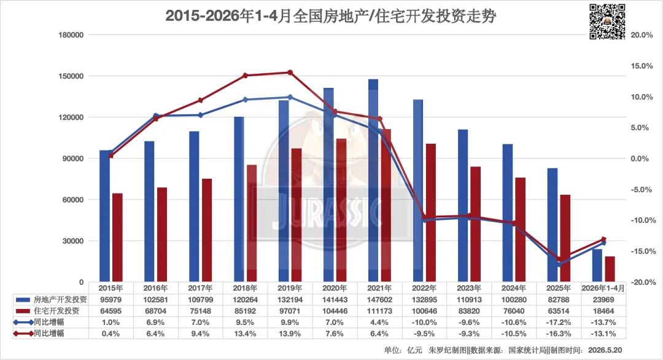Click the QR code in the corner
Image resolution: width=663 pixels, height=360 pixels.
[x=607, y=21]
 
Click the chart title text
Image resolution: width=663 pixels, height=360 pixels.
[x=330, y=16]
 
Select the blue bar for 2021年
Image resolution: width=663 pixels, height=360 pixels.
[x=373, y=181]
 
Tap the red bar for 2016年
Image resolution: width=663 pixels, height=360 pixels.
[x=162, y=235]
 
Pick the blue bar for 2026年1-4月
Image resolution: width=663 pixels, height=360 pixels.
[x=597, y=265]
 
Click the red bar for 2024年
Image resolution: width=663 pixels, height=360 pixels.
[x=521, y=230]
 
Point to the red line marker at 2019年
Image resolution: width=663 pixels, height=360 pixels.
[x=290, y=72]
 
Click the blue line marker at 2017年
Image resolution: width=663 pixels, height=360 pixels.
[x=200, y=115]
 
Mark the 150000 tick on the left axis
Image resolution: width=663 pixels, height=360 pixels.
[x=71, y=76]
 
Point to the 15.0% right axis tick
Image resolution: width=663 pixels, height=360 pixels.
[x=642, y=66]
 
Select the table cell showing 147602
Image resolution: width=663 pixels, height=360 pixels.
[x=379, y=300]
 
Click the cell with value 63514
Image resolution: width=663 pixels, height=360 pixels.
[x=559, y=311]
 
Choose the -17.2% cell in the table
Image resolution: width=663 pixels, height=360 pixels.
[x=559, y=323]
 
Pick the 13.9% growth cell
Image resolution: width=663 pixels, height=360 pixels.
[x=290, y=334]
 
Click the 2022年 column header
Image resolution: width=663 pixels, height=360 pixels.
[x=424, y=288]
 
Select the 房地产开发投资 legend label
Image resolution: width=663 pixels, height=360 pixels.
[x=60, y=300]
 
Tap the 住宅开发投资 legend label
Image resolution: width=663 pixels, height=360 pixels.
[x=56, y=311]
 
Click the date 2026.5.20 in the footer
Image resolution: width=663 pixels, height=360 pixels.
[x=605, y=350]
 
